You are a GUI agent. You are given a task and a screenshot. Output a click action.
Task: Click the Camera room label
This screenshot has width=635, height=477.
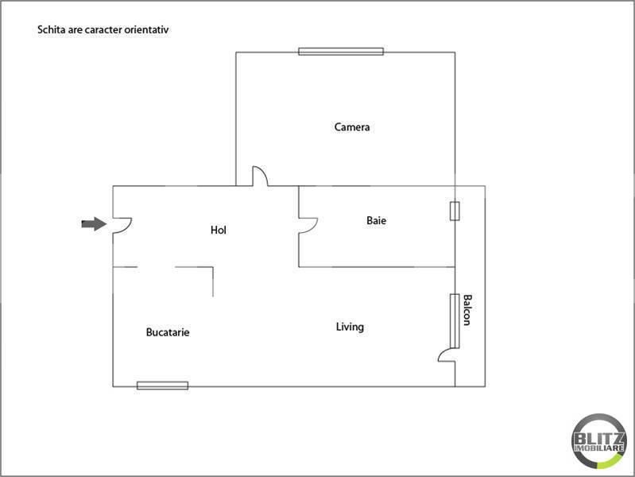(352, 127)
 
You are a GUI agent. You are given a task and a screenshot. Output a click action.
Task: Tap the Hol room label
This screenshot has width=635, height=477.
(219, 231)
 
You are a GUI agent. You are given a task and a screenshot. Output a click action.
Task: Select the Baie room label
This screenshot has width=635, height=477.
(376, 221)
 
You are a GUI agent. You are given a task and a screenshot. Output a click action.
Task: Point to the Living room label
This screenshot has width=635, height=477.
(350, 327)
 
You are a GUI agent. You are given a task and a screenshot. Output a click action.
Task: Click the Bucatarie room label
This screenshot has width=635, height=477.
(168, 332)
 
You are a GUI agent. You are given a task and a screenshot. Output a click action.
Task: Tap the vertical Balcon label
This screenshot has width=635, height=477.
(467, 310)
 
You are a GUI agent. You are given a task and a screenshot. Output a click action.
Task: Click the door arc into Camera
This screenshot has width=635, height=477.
(259, 176)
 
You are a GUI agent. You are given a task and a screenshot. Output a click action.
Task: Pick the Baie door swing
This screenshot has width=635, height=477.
(308, 227)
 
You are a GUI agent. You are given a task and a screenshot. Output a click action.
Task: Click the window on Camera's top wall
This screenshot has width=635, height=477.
(341, 52)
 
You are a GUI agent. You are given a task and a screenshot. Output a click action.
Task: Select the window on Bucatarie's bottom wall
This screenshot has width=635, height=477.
(162, 386)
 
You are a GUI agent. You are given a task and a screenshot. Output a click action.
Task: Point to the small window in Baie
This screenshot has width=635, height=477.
(454, 211)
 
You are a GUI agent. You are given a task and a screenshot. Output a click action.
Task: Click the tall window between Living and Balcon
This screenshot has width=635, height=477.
(454, 320)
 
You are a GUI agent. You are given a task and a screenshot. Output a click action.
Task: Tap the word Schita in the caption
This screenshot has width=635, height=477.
(52, 30)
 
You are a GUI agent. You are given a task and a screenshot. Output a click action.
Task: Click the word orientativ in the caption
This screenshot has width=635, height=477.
(146, 30)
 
